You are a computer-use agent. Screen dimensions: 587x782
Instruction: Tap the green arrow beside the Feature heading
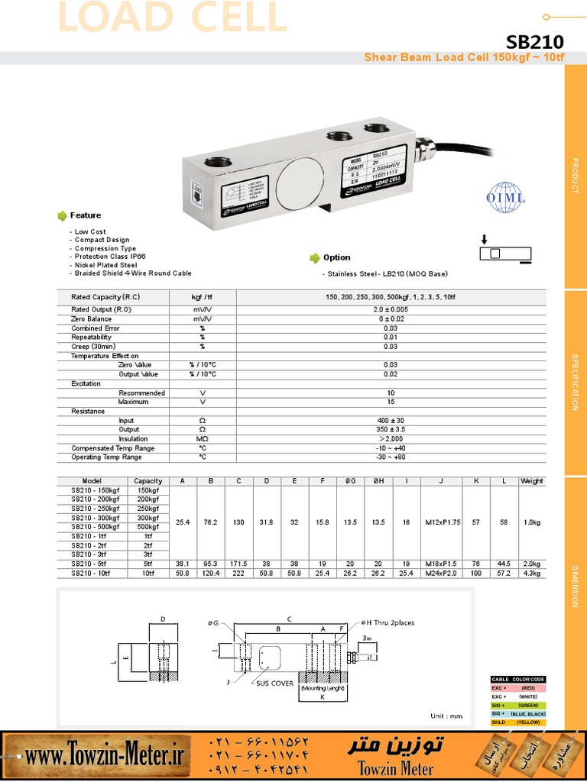(x=62, y=215)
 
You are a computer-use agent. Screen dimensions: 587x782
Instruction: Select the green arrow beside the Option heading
(x=314, y=257)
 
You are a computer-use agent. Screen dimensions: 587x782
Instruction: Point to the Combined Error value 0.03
(x=391, y=328)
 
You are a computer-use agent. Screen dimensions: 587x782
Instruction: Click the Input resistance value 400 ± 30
(x=391, y=421)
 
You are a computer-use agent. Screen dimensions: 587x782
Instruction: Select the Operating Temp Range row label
(x=106, y=457)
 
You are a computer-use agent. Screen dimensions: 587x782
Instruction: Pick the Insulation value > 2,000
(x=391, y=439)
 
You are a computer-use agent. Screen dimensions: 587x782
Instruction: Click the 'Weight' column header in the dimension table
(x=531, y=481)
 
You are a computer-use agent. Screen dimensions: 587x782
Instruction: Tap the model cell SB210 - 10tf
(x=91, y=573)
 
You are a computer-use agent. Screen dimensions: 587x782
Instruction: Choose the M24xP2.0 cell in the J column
(x=441, y=573)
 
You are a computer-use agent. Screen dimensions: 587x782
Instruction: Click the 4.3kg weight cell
(x=531, y=573)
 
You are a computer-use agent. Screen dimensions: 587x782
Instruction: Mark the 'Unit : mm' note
(x=447, y=716)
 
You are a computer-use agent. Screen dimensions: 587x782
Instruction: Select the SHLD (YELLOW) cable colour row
(x=517, y=722)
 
